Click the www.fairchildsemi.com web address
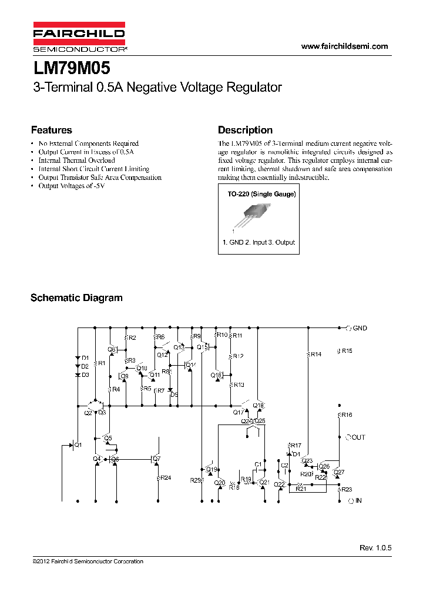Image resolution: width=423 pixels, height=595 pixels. click(x=344, y=46)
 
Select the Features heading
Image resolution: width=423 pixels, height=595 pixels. click(x=51, y=131)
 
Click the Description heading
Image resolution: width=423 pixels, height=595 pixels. click(x=245, y=131)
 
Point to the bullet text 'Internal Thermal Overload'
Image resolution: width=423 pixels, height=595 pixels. click(x=76, y=160)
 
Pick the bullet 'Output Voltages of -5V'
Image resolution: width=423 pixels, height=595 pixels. click(x=71, y=186)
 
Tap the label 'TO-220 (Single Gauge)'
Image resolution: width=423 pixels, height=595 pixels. click(x=261, y=194)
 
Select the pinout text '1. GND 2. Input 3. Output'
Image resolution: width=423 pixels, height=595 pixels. click(x=258, y=242)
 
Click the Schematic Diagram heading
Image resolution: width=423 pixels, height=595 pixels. click(x=76, y=298)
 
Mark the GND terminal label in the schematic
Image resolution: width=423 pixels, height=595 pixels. click(x=360, y=328)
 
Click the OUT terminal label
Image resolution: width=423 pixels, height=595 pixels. click(x=358, y=437)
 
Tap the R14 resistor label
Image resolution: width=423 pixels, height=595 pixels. click(x=315, y=355)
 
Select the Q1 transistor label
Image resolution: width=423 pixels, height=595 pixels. click(x=78, y=445)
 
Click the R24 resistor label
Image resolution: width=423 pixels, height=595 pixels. click(x=166, y=477)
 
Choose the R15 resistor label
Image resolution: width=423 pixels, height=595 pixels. click(x=347, y=351)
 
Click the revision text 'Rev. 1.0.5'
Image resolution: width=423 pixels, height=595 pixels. click(x=375, y=547)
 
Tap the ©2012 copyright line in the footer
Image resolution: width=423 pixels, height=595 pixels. click(x=88, y=561)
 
